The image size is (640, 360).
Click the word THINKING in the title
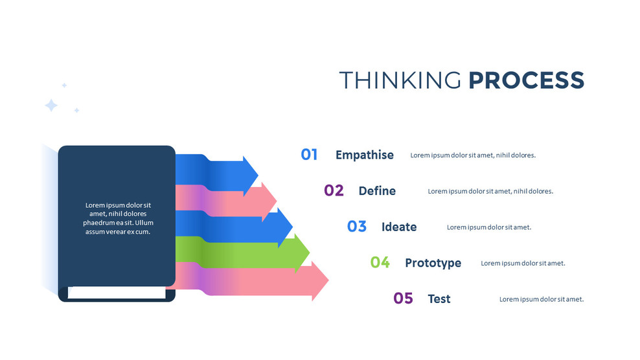(x=400, y=80)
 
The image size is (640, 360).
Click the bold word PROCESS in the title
(x=526, y=80)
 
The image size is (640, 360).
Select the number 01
(x=309, y=155)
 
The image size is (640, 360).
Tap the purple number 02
(x=334, y=190)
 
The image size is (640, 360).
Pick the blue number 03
(x=357, y=227)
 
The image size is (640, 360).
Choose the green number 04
(x=380, y=262)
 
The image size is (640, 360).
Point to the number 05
(x=403, y=298)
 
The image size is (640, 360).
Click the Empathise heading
(x=364, y=155)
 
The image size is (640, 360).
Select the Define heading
(x=376, y=191)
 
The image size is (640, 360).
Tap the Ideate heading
(x=398, y=227)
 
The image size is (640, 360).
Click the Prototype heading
(x=433, y=263)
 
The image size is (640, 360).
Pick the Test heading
(x=439, y=299)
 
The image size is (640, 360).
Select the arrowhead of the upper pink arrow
(x=269, y=201)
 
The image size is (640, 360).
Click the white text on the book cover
(x=117, y=218)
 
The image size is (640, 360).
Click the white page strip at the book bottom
(x=117, y=293)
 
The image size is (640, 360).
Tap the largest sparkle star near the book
(x=51, y=106)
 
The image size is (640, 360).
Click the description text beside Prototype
(x=523, y=264)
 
